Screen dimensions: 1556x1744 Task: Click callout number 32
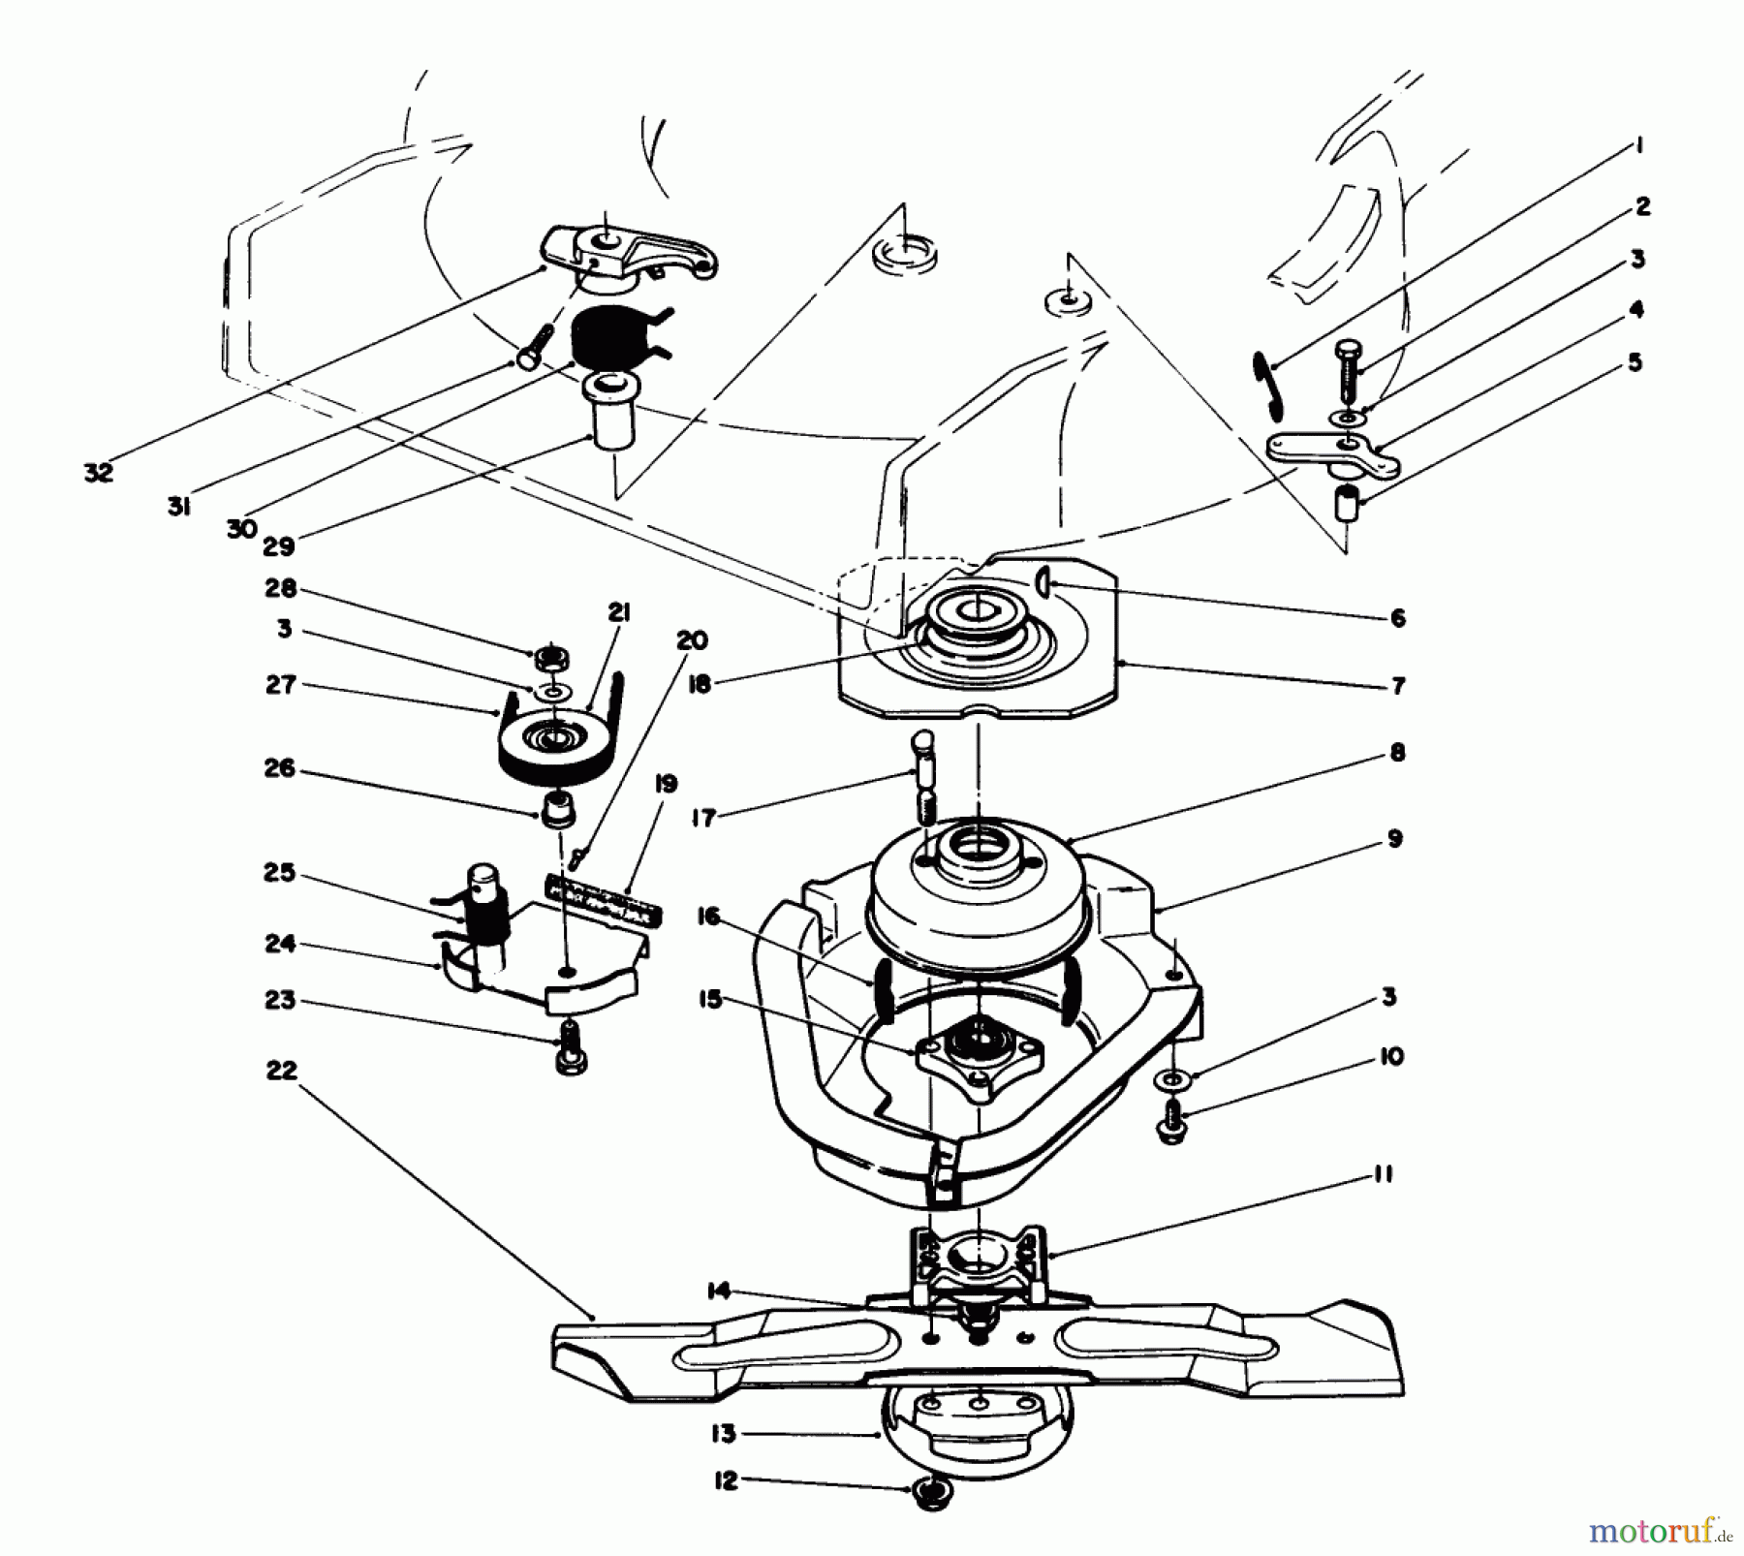click(x=99, y=473)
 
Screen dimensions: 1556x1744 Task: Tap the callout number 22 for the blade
click(x=281, y=1071)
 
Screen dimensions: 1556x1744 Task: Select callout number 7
click(x=1397, y=686)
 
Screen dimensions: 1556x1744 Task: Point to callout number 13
click(x=723, y=1433)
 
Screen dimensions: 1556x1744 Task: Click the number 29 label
click(x=278, y=546)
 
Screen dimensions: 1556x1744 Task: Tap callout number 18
click(x=699, y=683)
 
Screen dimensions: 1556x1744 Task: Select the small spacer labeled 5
click(x=1347, y=507)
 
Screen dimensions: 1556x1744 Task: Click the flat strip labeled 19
click(x=603, y=899)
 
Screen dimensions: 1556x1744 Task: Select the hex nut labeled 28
click(x=551, y=661)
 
